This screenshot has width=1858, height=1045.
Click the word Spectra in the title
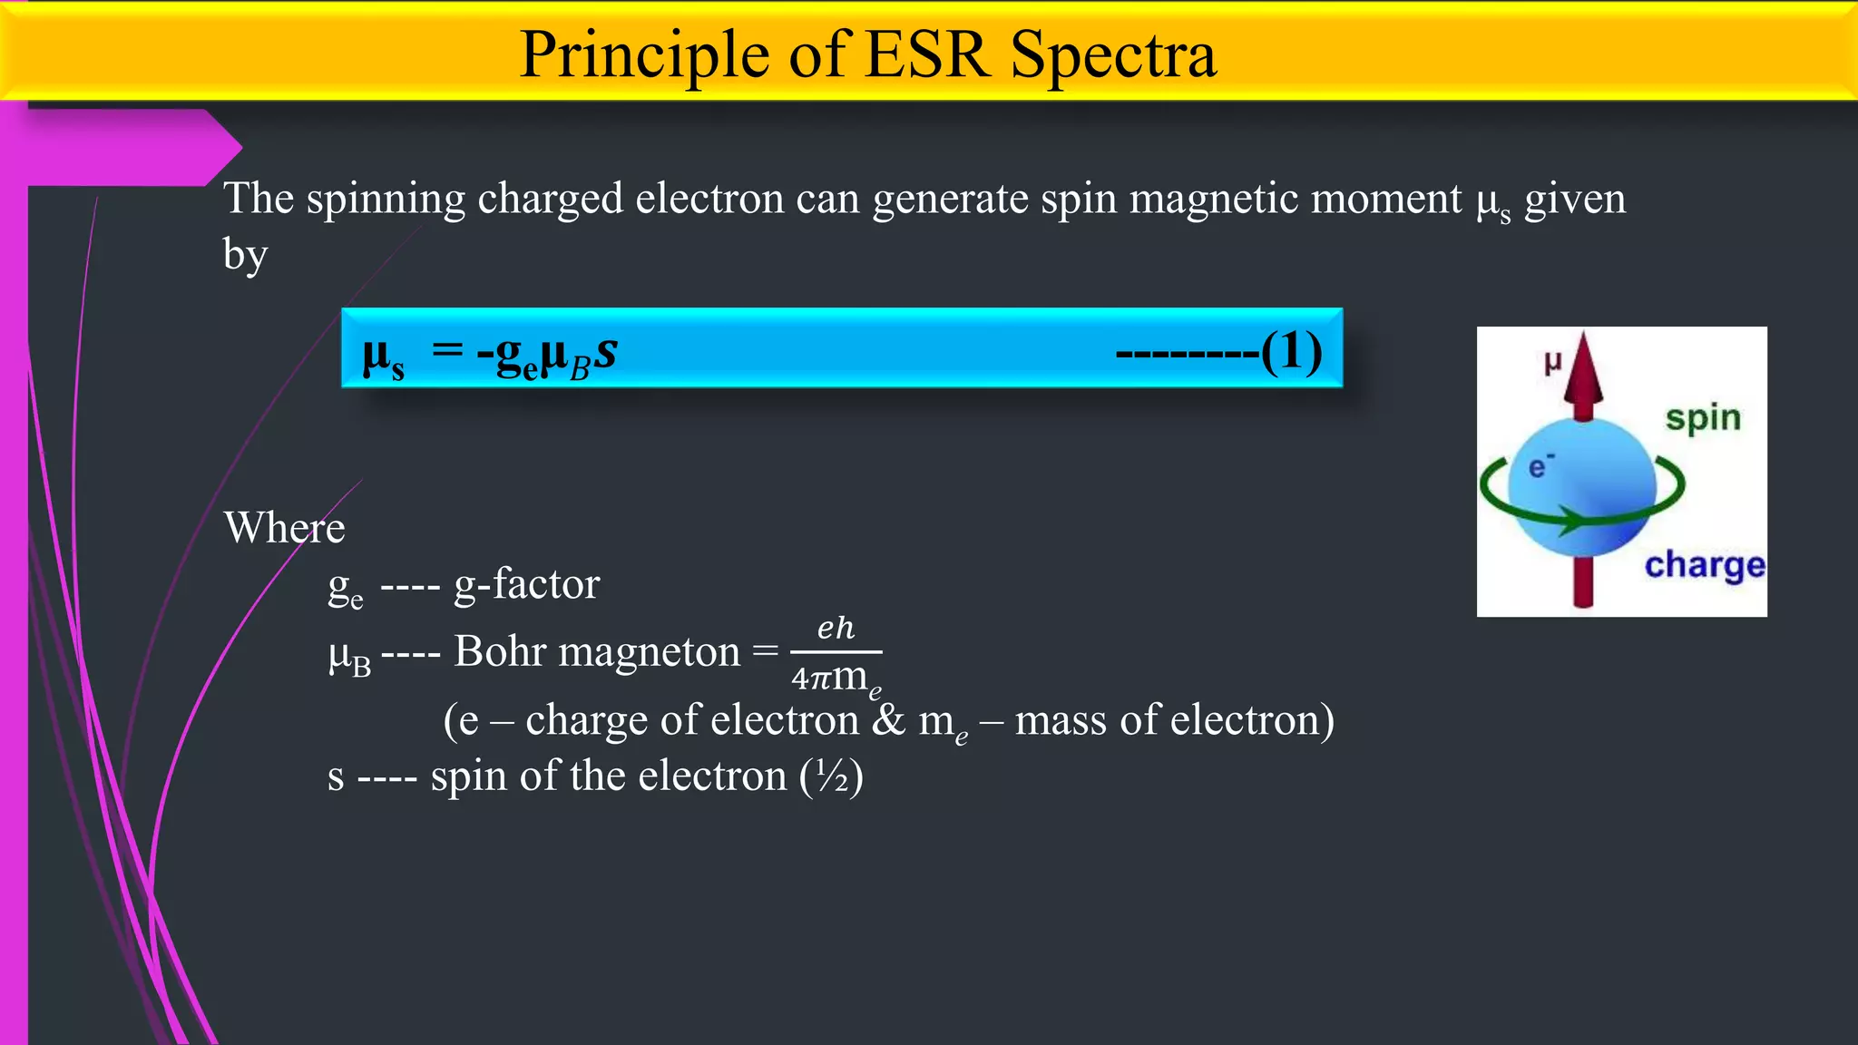[1113, 56]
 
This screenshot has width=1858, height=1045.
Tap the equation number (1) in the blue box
[1292, 351]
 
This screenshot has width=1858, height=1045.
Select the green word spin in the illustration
[1703, 418]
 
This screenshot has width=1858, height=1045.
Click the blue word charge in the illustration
[1705, 565]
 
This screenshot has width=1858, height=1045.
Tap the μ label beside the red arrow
[1552, 362]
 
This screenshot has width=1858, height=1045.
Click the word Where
[284, 528]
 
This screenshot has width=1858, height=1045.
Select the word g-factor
[526, 584]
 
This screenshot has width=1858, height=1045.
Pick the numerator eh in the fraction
[836, 628]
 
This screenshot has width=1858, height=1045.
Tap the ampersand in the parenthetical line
[889, 720]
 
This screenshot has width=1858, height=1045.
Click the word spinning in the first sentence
[386, 199]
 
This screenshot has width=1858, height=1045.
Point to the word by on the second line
[245, 256]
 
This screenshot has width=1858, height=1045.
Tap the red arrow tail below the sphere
[1583, 581]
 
